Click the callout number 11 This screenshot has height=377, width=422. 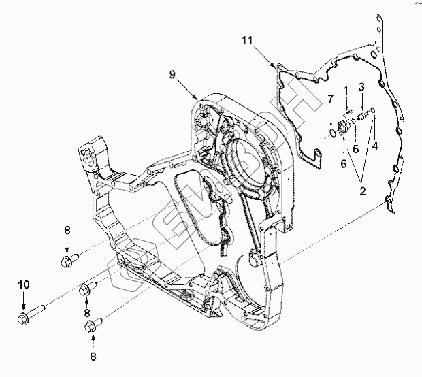[x=246, y=42]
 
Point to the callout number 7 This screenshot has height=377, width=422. [x=330, y=99]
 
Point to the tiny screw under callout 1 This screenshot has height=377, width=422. [x=347, y=112]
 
